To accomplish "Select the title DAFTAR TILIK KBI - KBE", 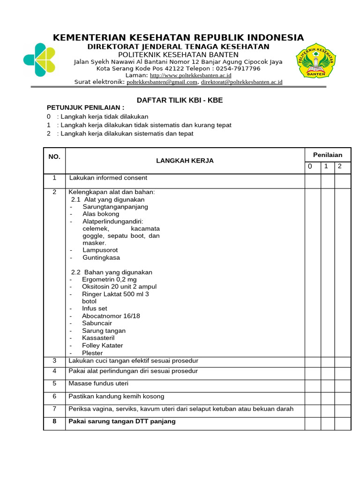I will (x=180, y=100).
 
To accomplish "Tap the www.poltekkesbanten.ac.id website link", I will (x=190, y=75).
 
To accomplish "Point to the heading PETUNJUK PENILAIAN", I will (x=85, y=108).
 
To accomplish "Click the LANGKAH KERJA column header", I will (x=185, y=161).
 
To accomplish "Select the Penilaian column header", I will (x=327, y=155).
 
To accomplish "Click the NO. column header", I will (x=54, y=157).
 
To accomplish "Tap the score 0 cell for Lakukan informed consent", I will (x=312, y=180).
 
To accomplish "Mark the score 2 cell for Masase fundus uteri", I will (x=342, y=384).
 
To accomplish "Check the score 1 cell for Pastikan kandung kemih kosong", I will (x=327, y=397).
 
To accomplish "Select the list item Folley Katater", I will (x=102, y=345).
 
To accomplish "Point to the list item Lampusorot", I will (x=100, y=250).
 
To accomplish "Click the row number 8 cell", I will (x=54, y=422).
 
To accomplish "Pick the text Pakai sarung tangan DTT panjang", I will (x=122, y=421).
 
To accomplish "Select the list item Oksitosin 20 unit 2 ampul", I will (x=119, y=286).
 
